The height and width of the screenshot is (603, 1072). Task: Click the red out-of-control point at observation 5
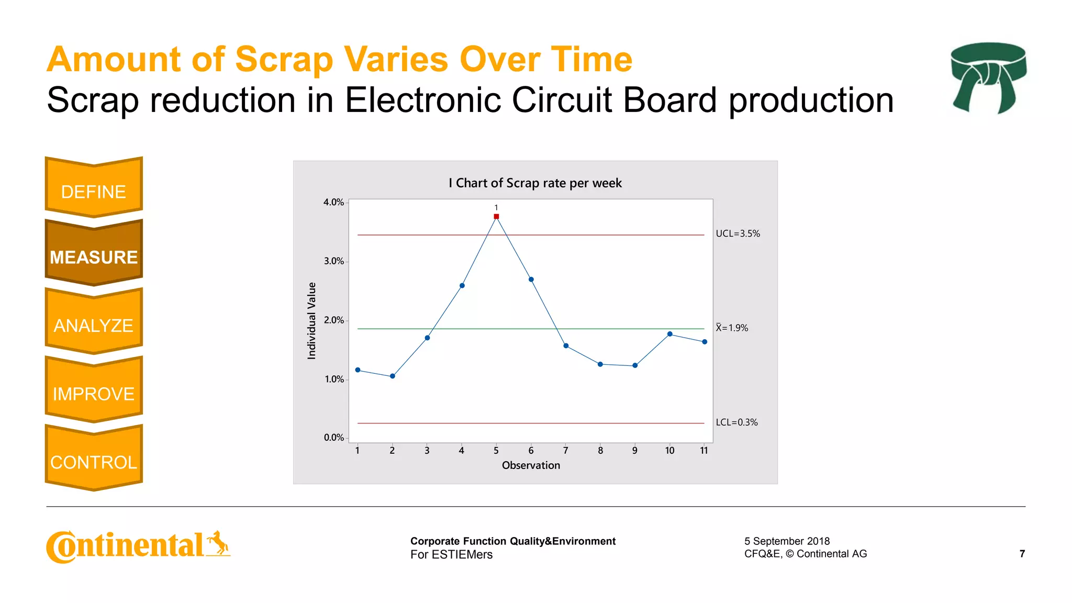[x=496, y=216]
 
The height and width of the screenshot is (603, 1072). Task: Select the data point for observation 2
[x=393, y=376]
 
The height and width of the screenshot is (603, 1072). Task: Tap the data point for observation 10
[x=669, y=334]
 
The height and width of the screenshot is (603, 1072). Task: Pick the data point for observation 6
[x=531, y=280]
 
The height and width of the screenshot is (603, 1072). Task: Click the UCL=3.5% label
[x=738, y=233]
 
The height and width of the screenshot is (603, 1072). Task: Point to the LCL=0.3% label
[x=736, y=422]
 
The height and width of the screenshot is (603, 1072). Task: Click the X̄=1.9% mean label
[x=732, y=328]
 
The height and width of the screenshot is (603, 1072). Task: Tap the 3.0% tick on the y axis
[x=333, y=261]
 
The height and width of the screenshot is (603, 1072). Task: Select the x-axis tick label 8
[x=600, y=450]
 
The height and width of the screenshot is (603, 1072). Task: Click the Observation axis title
[x=531, y=465]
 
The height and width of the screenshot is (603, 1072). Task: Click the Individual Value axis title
[x=311, y=320]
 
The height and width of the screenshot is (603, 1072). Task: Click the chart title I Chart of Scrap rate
[x=535, y=183]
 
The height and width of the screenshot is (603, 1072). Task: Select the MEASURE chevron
[x=94, y=256]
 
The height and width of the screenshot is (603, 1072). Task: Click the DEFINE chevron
[x=94, y=192]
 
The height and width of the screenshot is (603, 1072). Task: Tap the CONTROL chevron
[x=94, y=462]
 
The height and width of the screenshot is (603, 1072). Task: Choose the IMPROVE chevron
[x=94, y=394]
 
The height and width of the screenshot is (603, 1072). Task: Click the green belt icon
[x=988, y=77]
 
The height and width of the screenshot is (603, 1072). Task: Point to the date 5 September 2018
[x=787, y=541]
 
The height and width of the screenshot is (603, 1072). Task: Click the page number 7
[x=1022, y=553]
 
